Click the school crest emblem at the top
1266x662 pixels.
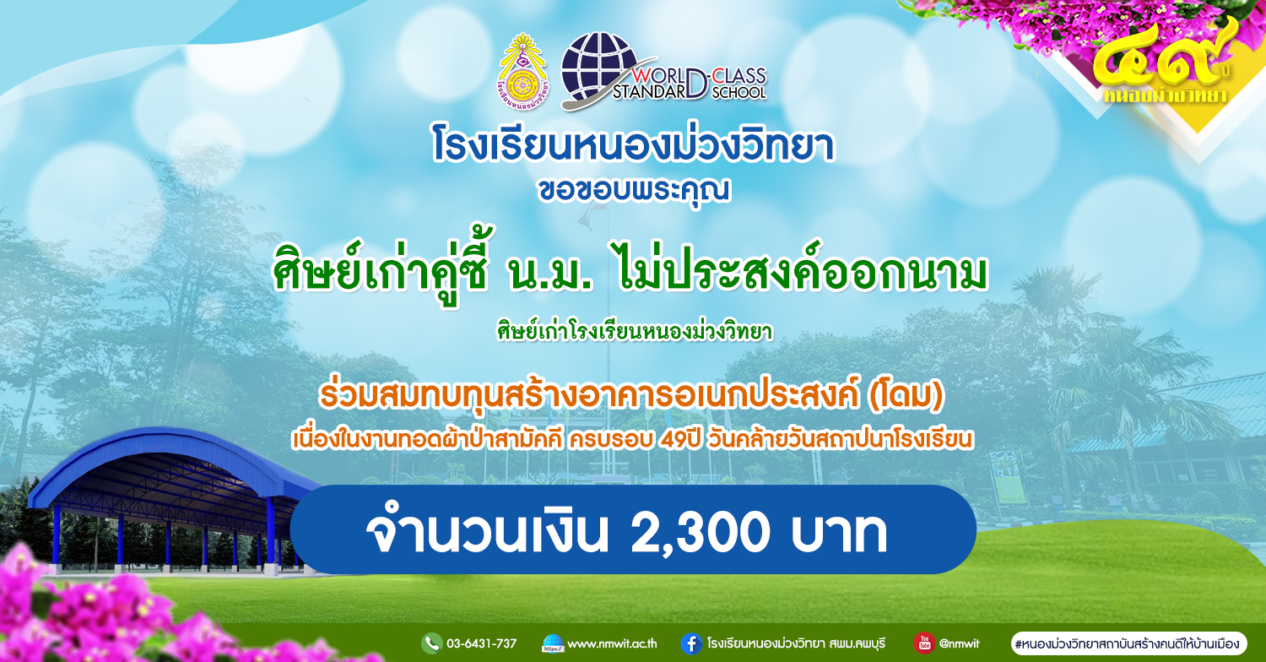pyautogui.click(x=523, y=71)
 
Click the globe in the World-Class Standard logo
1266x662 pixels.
pyautogui.click(x=599, y=68)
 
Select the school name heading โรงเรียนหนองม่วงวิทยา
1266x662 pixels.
pyautogui.click(x=633, y=144)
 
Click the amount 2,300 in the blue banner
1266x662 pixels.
pyautogui.click(x=700, y=532)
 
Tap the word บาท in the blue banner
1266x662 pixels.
pyautogui.click(x=839, y=533)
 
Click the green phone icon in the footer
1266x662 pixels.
pyautogui.click(x=432, y=643)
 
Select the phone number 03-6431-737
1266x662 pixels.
pyautogui.click(x=482, y=643)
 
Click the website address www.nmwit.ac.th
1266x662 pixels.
pyautogui.click(x=612, y=644)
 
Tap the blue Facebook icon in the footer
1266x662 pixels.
pyautogui.click(x=691, y=643)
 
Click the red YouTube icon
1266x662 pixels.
pyautogui.click(x=924, y=643)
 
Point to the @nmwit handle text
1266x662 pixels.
pyautogui.click(x=959, y=643)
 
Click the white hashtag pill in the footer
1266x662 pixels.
pyautogui.click(x=1128, y=643)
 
